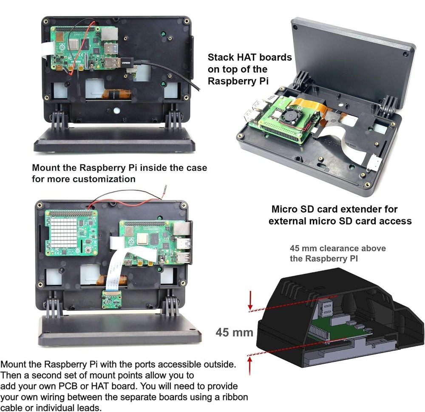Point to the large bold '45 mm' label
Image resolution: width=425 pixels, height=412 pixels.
pyautogui.click(x=235, y=331)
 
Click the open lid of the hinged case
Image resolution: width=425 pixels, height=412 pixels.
pyautogui.click(x=353, y=55)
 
